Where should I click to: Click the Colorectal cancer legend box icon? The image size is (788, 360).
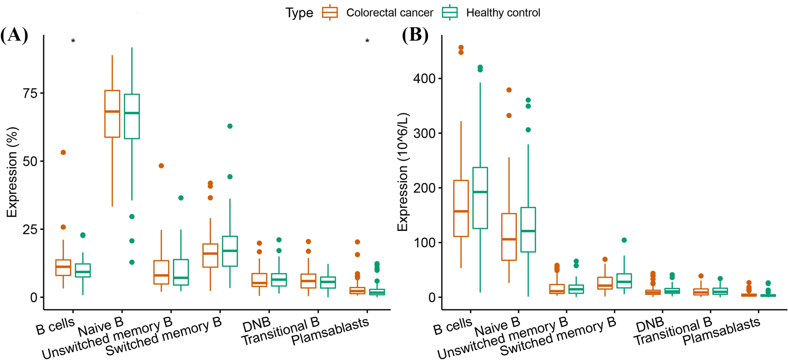click(330, 12)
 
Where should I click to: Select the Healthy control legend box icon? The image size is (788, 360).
click(450, 12)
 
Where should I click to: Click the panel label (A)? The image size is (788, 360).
click(15, 35)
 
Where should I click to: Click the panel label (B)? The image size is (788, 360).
click(415, 35)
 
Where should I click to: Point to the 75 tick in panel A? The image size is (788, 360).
click(30, 93)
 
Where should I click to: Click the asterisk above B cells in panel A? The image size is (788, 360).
click(73, 41)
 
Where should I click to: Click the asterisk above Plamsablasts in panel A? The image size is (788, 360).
click(367, 41)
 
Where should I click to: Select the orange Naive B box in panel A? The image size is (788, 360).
click(112, 114)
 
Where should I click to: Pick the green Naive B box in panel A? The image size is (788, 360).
click(132, 116)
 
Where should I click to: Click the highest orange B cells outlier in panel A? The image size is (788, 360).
click(63, 152)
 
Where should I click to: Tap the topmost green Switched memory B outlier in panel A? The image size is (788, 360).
click(230, 126)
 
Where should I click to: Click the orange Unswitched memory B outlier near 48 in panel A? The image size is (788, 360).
click(161, 166)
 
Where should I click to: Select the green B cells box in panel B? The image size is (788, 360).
click(480, 198)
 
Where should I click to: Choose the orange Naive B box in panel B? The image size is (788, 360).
click(509, 237)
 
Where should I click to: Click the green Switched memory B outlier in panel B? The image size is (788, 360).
click(624, 240)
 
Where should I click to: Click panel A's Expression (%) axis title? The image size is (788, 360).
click(12, 172)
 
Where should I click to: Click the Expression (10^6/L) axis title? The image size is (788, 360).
click(403, 172)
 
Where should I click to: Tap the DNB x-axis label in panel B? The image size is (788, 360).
click(649, 325)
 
